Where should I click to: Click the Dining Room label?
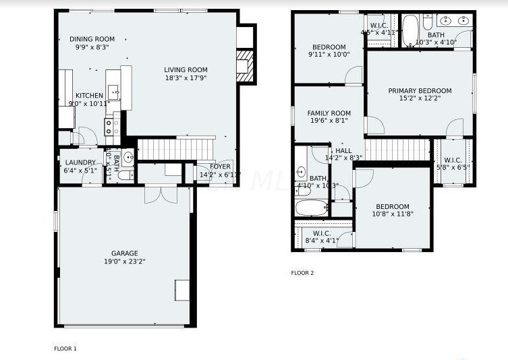pyautogui.click(x=92, y=39)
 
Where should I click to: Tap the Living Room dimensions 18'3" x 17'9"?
pyautogui.click(x=186, y=78)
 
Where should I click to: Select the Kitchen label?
pyautogui.click(x=89, y=96)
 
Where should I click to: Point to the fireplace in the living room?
pyautogui.click(x=246, y=65)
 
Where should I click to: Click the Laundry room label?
pyautogui.click(x=80, y=162)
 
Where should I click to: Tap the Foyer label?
pyautogui.click(x=220, y=167)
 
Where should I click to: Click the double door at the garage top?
pyautogui.click(x=161, y=193)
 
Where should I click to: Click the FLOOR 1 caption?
pyautogui.click(x=65, y=349)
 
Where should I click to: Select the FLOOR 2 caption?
pyautogui.click(x=302, y=273)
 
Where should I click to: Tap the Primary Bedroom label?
pyautogui.click(x=420, y=91)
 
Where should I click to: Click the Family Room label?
pyautogui.click(x=329, y=113)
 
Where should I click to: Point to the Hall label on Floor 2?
pyautogui.click(x=343, y=150)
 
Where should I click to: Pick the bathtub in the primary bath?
pyautogui.click(x=410, y=30)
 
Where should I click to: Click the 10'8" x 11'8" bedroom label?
pyautogui.click(x=392, y=207)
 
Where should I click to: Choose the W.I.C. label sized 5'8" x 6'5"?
pyautogui.click(x=453, y=160)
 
